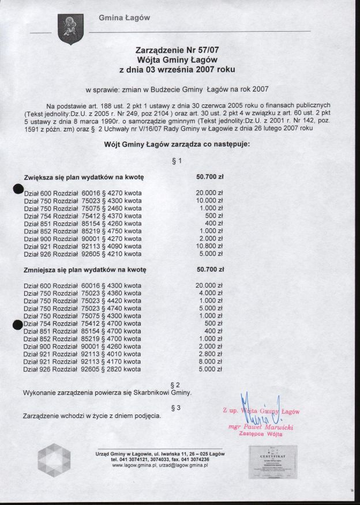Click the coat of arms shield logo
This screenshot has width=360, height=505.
click(71, 29)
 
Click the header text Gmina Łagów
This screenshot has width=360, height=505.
click(124, 18)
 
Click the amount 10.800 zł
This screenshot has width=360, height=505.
click(209, 246)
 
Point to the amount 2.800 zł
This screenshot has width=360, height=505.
click(211, 354)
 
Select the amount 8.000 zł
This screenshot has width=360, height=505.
click(211, 361)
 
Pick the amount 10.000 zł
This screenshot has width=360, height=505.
click(209, 201)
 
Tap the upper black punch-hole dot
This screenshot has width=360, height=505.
click(19, 190)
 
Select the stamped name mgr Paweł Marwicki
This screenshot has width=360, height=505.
click(261, 427)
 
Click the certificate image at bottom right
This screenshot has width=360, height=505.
click(275, 462)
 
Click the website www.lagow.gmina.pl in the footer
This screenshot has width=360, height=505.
click(134, 465)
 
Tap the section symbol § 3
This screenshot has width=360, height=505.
click(177, 408)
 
